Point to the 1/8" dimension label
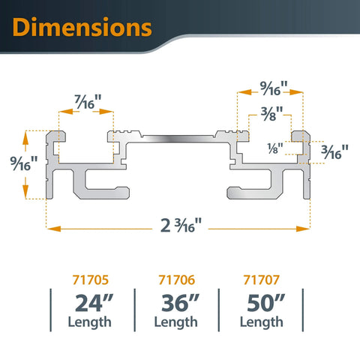pyautogui.click(x=275, y=147)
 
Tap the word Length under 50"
pyautogui.click(x=262, y=322)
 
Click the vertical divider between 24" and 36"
pyautogui.click(x=134, y=310)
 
